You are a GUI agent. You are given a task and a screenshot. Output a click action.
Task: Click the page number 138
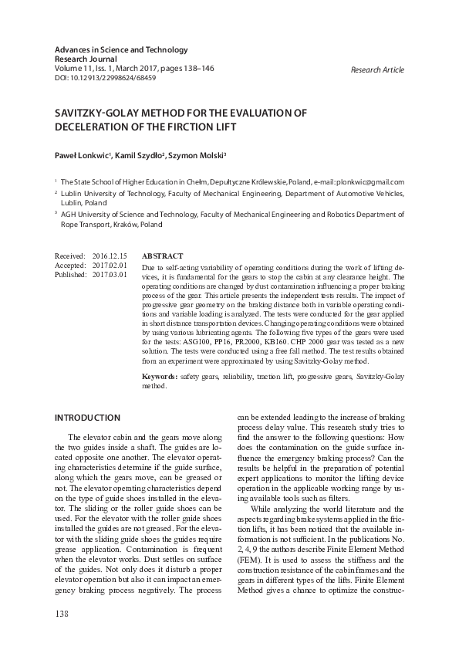click(62, 614)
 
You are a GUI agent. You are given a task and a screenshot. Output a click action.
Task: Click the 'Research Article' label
click(377, 69)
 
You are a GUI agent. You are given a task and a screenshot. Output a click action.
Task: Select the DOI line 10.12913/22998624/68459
click(105, 78)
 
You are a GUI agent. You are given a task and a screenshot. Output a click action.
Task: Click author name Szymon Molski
click(201, 155)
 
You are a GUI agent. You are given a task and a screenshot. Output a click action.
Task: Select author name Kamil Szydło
click(142, 155)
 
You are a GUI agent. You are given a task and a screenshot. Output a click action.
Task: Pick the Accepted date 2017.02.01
click(109, 265)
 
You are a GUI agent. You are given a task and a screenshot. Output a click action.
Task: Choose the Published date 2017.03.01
click(109, 274)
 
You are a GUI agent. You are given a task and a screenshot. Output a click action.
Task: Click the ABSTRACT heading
click(163, 256)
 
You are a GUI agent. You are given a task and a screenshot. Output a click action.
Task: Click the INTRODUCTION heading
click(87, 418)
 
